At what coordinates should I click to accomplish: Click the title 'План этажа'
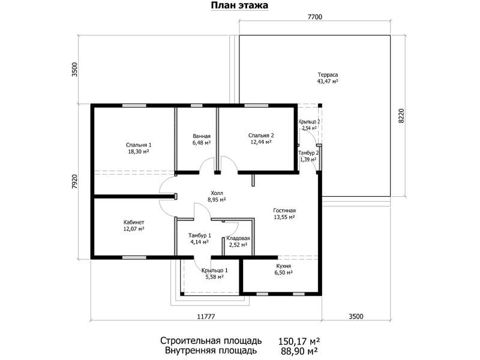pos(239,5)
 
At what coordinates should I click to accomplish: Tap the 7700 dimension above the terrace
pos(314,17)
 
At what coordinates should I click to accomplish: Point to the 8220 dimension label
pos(401,116)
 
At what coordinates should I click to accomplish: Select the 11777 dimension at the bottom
pos(206,316)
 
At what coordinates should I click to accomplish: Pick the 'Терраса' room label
pos(328,74)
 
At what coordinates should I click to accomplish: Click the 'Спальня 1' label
pos(139,145)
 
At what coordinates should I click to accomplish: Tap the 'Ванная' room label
pos(202,136)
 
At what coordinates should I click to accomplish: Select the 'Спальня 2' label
pos(261,136)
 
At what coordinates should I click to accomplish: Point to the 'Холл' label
pos(217,193)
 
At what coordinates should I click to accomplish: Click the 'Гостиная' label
pos(284,211)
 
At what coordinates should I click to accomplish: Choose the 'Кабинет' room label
pos(134,222)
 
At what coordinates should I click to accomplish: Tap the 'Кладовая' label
pos(238,238)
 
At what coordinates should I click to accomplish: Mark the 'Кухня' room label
pos(283,266)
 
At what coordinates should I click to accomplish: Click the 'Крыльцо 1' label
pos(215,271)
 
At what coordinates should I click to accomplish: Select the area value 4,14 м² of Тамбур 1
pos(199,242)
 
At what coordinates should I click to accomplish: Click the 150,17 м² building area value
pos(299,341)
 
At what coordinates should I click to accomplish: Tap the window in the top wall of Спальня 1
pos(134,106)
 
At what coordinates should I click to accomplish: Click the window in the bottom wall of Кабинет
pos(134,257)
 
